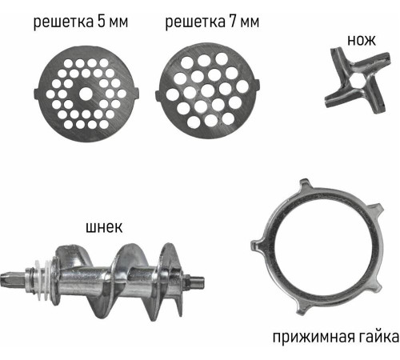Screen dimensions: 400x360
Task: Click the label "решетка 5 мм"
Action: (81, 22)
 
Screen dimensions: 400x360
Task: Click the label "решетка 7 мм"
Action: (212, 22)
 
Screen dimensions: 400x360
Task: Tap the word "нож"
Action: (362, 41)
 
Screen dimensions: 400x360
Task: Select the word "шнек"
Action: (104, 227)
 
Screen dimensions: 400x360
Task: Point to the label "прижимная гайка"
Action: (336, 338)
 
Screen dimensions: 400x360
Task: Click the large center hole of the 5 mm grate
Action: (86, 94)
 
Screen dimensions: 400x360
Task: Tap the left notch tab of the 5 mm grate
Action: (37, 94)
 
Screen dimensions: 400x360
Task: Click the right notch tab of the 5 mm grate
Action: (136, 94)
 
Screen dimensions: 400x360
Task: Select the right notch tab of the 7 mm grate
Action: (257, 86)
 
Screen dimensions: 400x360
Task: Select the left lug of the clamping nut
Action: (258, 245)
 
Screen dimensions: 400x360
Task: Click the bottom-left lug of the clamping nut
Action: (302, 309)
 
